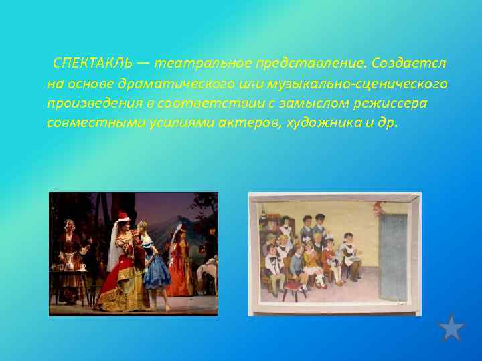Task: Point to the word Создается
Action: [410, 63]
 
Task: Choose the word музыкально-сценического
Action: [357, 84]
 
